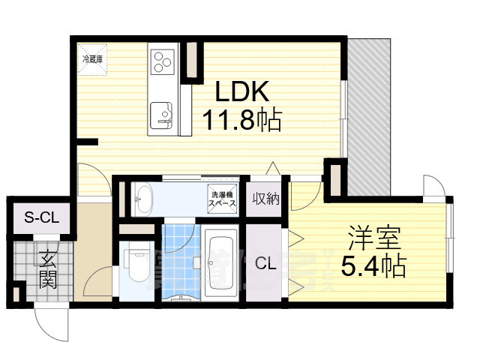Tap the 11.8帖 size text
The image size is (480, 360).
coord(241,119)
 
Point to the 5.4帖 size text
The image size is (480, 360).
coord(373,266)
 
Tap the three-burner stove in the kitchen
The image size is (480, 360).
coord(163,60)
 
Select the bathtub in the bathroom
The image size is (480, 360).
coord(220,262)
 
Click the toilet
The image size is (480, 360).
coord(136,262)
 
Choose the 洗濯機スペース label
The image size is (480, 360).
coord(223,199)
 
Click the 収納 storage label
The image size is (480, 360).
coord(265,199)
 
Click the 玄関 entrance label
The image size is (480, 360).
coord(46,270)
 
